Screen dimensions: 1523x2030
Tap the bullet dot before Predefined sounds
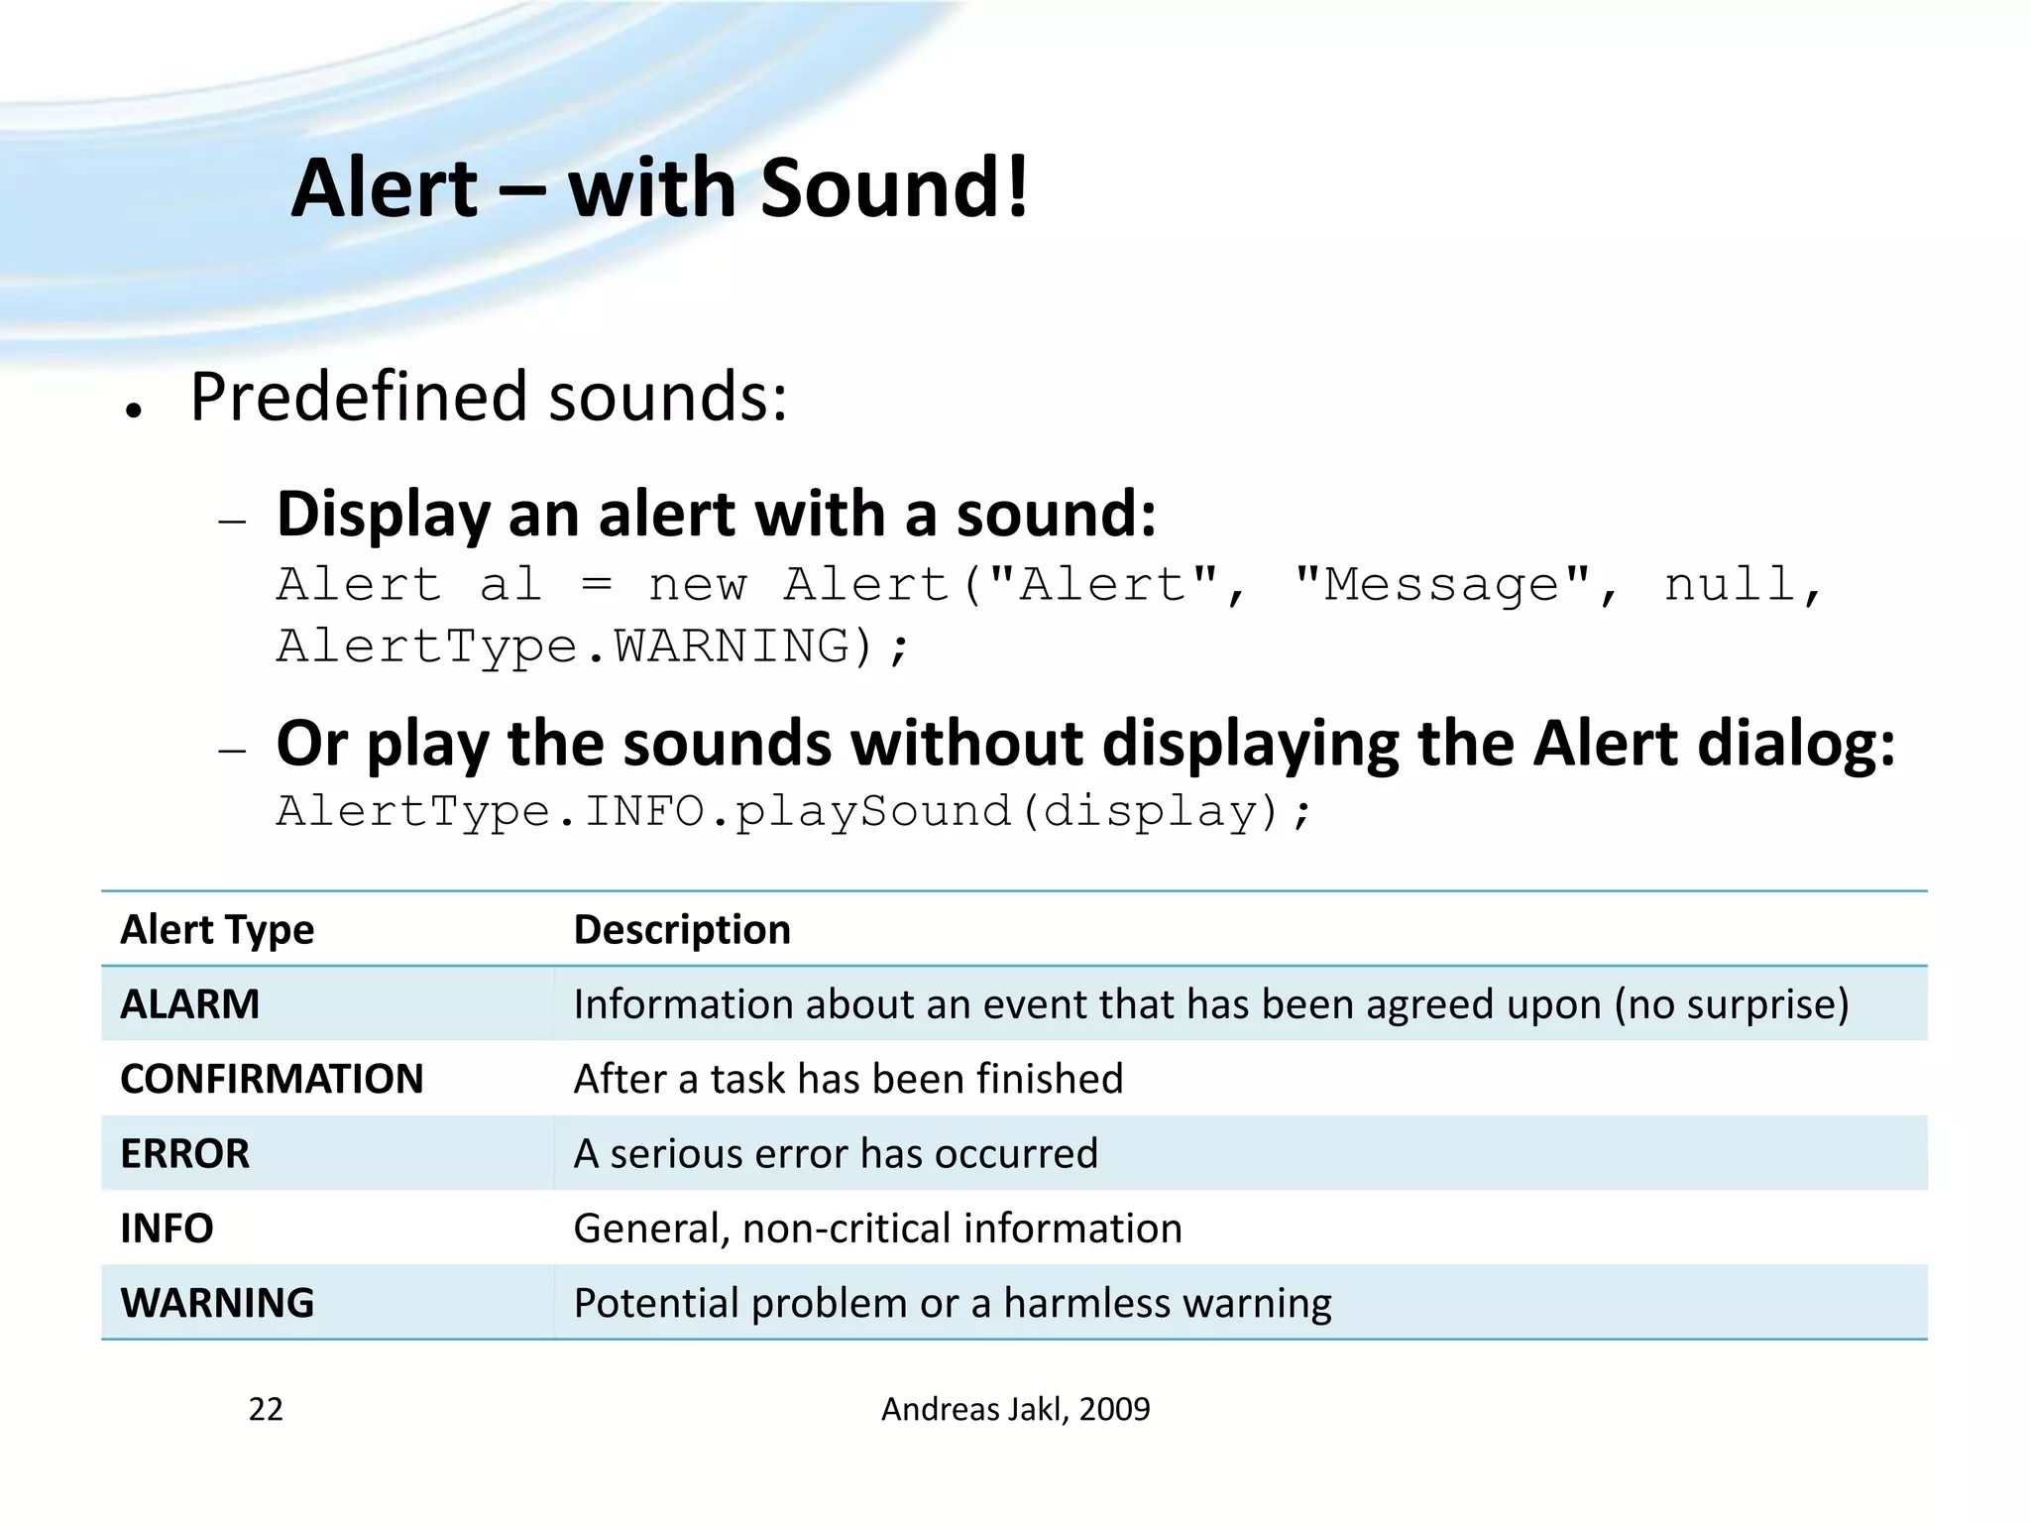click(134, 410)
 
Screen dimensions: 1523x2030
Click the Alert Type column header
click(217, 929)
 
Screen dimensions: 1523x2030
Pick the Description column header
click(682, 929)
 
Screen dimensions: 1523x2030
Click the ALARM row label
click(190, 1003)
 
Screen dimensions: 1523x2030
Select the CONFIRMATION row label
click(272, 1079)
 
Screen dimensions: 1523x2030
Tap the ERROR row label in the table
click(185, 1153)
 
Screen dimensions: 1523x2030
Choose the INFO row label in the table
click(167, 1228)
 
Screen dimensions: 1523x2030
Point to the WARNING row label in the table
click(217, 1302)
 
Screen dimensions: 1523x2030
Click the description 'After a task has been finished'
click(848, 1079)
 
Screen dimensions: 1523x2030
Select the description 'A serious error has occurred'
click(836, 1153)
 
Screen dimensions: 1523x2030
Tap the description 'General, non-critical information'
click(877, 1228)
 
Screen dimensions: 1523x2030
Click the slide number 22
click(266, 1409)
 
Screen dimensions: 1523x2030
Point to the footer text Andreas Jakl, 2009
click(1015, 1409)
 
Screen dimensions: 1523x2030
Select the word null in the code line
click(1729, 584)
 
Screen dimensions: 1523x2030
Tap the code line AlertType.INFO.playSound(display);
click(793, 811)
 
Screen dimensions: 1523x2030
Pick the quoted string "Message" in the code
click(1442, 584)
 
